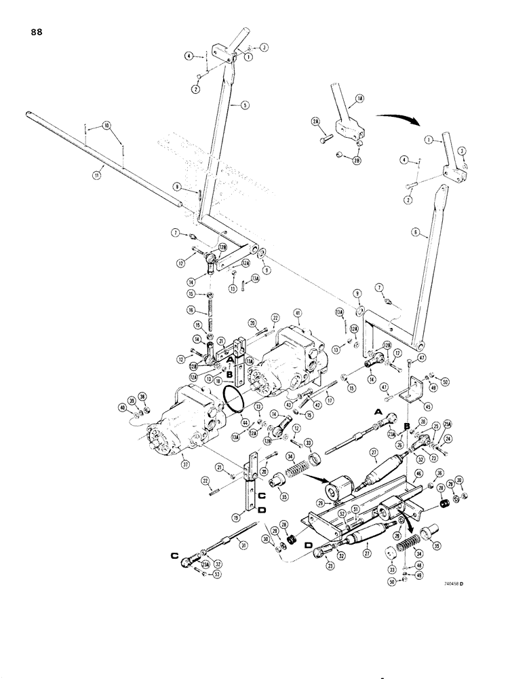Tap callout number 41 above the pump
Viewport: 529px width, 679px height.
coord(297,312)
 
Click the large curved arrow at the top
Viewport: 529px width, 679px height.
coord(397,122)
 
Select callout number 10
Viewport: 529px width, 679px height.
coord(105,126)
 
